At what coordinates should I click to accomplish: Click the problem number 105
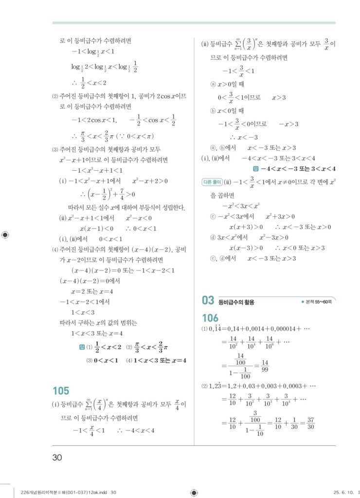point(61,391)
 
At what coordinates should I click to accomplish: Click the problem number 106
point(210,318)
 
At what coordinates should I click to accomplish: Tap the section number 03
point(208,301)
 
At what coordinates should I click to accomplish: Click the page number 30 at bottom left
point(57,457)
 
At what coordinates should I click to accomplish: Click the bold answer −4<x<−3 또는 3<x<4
point(298,169)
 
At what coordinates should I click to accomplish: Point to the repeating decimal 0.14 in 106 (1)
point(214,328)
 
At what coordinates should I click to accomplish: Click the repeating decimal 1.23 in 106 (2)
point(215,386)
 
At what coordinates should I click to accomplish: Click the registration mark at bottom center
point(194,492)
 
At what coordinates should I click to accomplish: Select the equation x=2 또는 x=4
point(92,292)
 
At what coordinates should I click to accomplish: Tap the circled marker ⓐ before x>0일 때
point(213,84)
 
